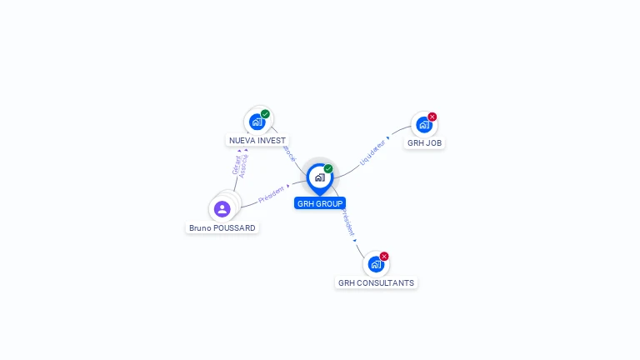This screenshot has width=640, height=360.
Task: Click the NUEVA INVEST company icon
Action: [x=257, y=122]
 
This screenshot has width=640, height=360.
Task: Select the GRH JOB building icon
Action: [x=424, y=125]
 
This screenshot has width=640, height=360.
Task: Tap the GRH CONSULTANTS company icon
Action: [x=376, y=264]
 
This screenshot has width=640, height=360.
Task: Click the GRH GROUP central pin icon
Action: [x=319, y=177]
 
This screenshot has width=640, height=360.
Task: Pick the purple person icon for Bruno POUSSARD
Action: [x=222, y=208]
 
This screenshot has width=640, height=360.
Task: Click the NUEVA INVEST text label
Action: [x=257, y=140]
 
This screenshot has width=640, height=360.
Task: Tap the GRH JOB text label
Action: [x=425, y=142]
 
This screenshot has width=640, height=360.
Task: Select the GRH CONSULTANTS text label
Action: [x=376, y=282]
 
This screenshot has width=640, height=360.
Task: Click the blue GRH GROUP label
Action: [x=319, y=203]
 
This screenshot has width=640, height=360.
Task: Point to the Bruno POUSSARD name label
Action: [x=222, y=227]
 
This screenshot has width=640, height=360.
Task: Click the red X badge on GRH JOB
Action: [x=432, y=117]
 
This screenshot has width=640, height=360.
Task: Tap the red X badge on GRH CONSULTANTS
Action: [x=384, y=256]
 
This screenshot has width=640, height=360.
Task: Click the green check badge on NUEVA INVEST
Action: [x=265, y=114]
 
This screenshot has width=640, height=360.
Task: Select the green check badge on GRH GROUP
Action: [x=328, y=168]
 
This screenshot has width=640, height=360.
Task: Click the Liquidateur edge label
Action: [x=372, y=151]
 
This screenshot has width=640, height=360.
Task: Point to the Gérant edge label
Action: [x=236, y=164]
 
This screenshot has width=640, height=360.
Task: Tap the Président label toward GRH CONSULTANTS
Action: [x=347, y=222]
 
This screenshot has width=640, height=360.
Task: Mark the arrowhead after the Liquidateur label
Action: [x=388, y=137]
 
